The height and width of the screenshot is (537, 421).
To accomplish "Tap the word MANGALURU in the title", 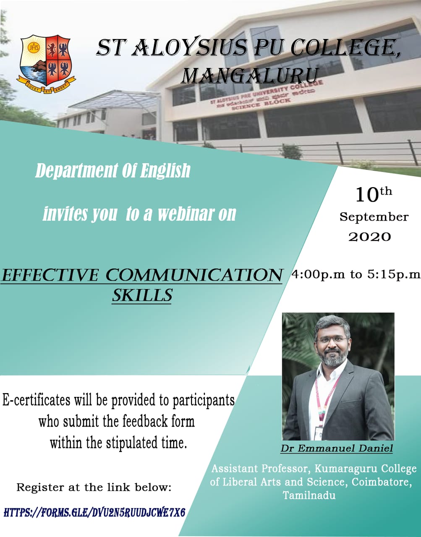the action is point(249,75).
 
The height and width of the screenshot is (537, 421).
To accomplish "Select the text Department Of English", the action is point(113,170).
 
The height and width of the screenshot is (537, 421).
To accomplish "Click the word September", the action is point(374,217).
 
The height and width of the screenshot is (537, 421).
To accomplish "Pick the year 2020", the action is point(369,237).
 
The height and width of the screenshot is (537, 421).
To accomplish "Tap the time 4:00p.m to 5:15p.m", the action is point(356,274).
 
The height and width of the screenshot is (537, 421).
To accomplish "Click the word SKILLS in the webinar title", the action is point(142,295).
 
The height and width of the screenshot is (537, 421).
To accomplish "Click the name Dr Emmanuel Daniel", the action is point(337,448).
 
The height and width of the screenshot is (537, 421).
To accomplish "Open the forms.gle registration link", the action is point(94,512).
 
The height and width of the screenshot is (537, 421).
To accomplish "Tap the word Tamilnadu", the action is point(309,495).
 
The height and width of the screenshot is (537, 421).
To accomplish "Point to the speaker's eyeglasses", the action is point(332,340).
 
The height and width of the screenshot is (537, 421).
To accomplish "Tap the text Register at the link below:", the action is point(94,487).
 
